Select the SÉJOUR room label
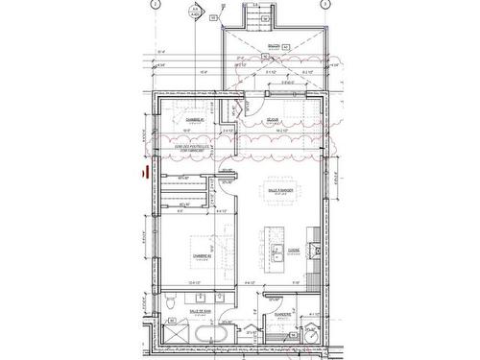coord(273,119)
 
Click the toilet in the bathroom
coord(169,302)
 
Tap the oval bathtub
coord(209,334)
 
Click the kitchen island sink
coord(276,252)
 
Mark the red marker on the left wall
coord(144,174)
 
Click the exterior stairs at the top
coord(257,19)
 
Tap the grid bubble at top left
coord(154,4)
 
